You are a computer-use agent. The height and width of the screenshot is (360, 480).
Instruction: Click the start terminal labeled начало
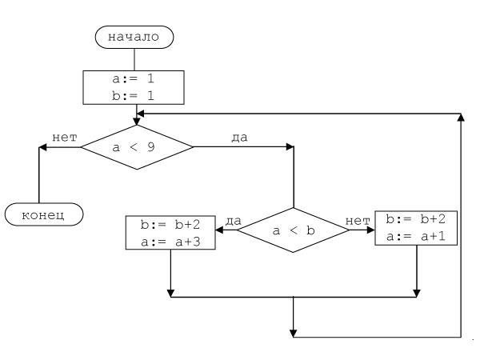(x=134, y=36)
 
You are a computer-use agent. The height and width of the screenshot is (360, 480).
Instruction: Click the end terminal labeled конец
(x=44, y=214)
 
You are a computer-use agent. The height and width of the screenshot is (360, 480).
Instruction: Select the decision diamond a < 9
(x=137, y=147)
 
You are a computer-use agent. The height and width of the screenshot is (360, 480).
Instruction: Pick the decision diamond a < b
(x=293, y=230)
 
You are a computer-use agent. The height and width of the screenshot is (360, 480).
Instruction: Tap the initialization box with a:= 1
(x=134, y=88)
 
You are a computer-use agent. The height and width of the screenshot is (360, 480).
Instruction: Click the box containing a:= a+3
(x=170, y=232)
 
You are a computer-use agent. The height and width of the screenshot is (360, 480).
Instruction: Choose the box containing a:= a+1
(x=416, y=229)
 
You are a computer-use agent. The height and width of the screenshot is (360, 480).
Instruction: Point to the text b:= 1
(x=134, y=96)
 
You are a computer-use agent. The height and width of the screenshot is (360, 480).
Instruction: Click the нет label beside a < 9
(x=65, y=138)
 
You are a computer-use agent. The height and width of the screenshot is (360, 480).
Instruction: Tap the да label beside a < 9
(x=239, y=138)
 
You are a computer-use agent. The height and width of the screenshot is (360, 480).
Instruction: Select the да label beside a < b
(x=233, y=220)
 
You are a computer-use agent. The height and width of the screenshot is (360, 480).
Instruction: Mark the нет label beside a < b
(x=357, y=220)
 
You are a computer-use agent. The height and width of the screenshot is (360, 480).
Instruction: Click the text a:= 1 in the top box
(x=134, y=80)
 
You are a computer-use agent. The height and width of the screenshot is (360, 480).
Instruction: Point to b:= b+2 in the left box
(x=170, y=224)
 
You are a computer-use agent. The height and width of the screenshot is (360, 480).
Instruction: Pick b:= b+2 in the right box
(x=416, y=219)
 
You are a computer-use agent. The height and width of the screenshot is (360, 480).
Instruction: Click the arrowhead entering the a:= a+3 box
(x=220, y=230)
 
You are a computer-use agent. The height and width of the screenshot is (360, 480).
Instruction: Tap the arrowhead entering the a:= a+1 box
(x=370, y=230)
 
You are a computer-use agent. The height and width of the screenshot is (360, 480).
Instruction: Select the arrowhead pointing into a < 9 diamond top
(x=137, y=120)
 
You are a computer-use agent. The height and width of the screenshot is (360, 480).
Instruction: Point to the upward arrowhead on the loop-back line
(x=461, y=118)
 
